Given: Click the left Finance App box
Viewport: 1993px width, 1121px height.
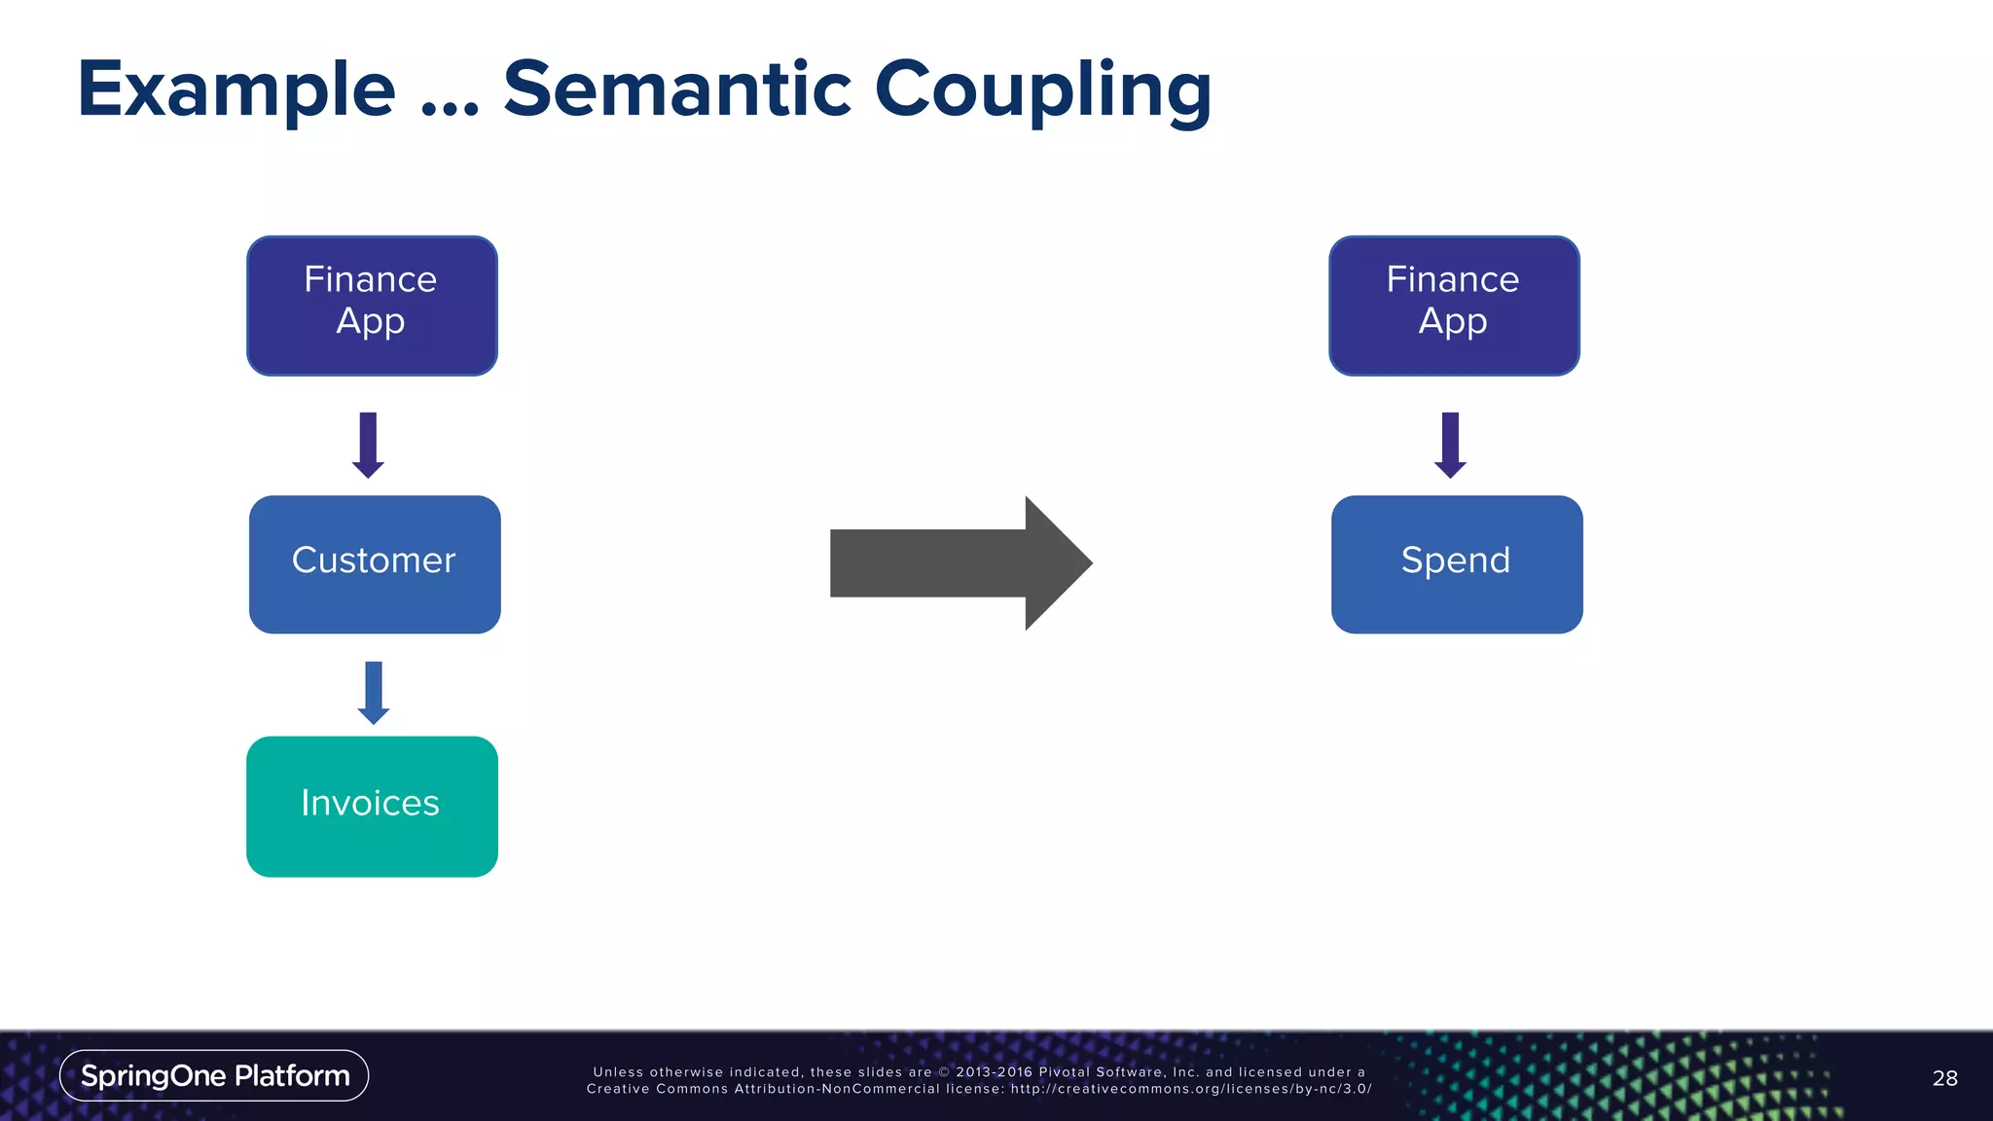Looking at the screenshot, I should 372,306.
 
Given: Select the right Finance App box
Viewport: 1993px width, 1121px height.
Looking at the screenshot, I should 1454,306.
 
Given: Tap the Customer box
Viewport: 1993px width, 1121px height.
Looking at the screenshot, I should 375,564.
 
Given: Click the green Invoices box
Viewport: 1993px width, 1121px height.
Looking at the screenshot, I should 372,806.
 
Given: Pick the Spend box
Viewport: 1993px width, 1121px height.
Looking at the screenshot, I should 1457,564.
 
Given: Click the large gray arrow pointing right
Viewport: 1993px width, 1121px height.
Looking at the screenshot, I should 959,563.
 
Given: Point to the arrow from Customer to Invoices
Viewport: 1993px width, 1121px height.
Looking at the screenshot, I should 374,692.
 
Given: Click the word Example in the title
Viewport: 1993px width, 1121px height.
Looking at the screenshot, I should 236,90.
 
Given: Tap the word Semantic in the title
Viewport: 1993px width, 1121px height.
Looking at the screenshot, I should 677,90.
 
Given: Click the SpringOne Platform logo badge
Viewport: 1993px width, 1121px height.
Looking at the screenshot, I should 214,1075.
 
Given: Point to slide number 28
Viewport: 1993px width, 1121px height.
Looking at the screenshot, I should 1944,1078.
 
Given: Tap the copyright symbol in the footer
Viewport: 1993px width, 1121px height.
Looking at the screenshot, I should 943,1072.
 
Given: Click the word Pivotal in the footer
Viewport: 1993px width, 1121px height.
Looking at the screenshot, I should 1064,1072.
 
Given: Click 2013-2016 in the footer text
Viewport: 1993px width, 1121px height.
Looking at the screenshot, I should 994,1072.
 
